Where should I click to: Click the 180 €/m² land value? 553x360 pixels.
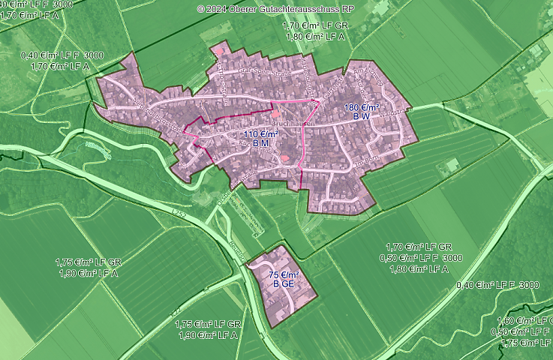[362, 107]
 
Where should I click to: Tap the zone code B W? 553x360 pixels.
[362, 117]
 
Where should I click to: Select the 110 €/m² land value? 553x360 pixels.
[260, 133]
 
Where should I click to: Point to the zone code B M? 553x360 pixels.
[260, 142]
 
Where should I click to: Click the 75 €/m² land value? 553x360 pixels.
[284, 274]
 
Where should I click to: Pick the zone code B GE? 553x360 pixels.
[284, 284]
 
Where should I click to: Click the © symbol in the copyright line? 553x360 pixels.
[200, 9]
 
